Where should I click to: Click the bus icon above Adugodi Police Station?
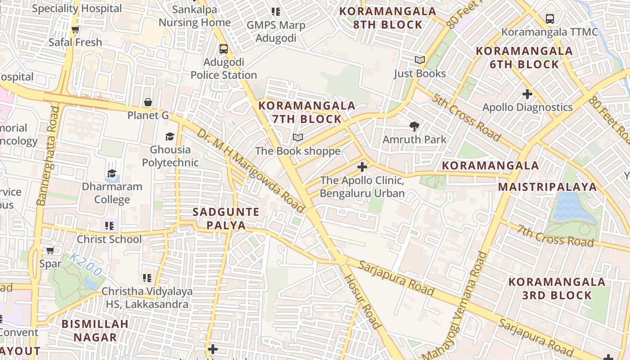coord(224,49)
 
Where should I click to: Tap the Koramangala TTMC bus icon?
coord(549,19)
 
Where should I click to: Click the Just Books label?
coord(419,73)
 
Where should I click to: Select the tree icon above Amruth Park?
coord(414,126)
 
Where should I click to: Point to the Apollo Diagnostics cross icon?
coord(527,94)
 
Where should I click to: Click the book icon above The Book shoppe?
coord(297,137)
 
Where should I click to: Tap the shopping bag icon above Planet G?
coord(148,103)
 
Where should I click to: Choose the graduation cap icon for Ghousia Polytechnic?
coord(170,136)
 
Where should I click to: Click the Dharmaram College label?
coord(112,193)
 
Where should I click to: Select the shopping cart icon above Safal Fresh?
coord(75,29)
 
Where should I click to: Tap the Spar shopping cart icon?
coord(50,250)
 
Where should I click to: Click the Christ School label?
coord(109,239)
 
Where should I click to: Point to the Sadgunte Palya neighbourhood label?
coord(226,218)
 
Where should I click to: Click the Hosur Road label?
coord(363,301)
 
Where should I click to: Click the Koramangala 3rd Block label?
coord(557,288)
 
